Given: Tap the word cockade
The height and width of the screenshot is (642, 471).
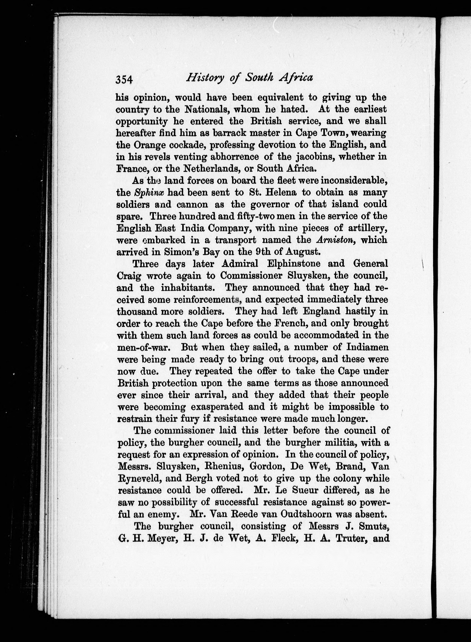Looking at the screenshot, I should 187,145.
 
